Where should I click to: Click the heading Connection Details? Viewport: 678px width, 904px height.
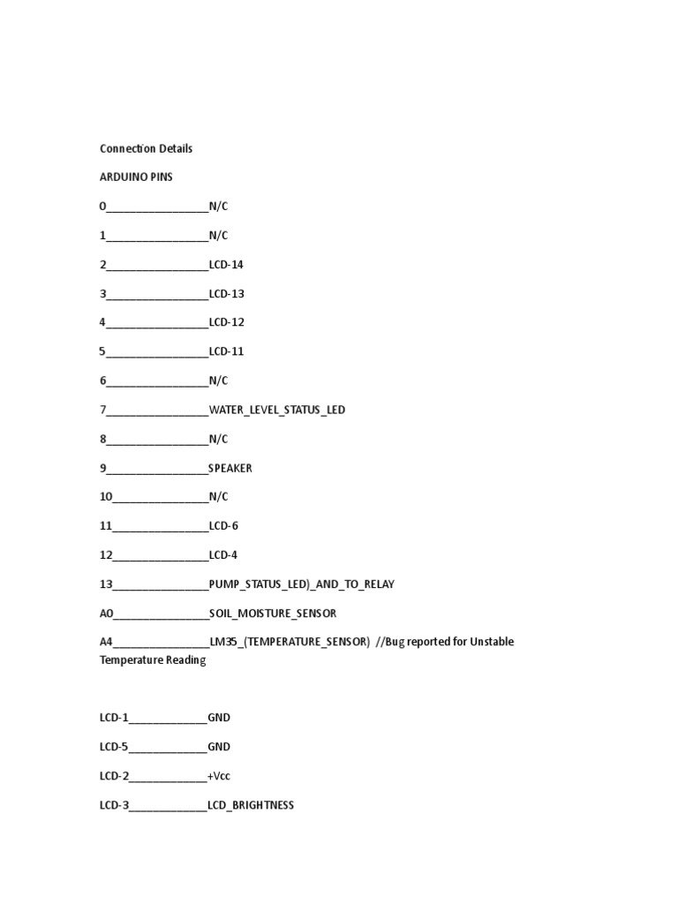pos(146,148)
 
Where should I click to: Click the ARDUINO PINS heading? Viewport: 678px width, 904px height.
pos(136,177)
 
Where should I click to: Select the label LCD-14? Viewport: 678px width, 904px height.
pos(226,265)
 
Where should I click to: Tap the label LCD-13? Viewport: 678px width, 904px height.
pos(226,294)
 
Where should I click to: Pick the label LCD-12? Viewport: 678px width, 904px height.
pos(226,322)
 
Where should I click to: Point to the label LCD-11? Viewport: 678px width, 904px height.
pos(226,351)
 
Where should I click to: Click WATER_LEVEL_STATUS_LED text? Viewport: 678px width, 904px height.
pos(277,410)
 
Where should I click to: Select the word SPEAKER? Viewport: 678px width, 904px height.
pos(230,468)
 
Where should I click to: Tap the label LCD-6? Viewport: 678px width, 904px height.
pos(223,526)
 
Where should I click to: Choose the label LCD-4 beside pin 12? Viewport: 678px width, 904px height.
pos(223,555)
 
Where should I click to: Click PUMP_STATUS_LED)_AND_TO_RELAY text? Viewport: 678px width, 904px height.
pos(302,584)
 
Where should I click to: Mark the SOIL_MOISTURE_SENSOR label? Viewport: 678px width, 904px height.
pos(273,614)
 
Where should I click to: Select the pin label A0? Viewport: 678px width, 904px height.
pos(107,614)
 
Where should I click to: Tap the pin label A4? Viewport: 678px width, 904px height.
pos(107,642)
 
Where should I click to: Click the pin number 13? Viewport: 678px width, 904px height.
pos(106,584)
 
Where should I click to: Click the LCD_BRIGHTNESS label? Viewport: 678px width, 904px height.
pos(251,805)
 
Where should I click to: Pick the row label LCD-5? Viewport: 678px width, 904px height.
pos(114,747)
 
